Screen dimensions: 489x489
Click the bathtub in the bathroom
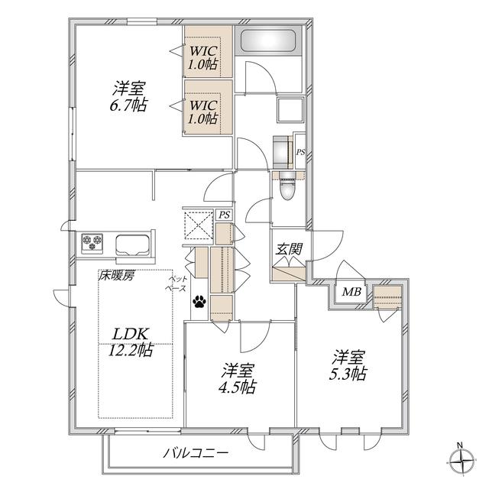click(x=268, y=40)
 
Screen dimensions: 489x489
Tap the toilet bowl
click(x=287, y=187)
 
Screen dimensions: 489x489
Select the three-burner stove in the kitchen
click(x=92, y=242)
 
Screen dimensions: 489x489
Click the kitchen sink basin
click(x=132, y=244)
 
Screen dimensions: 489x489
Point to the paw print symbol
click(x=199, y=302)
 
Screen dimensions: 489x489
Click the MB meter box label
click(x=351, y=292)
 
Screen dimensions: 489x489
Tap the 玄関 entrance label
click(x=289, y=249)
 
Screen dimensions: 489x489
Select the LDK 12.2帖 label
click(x=131, y=342)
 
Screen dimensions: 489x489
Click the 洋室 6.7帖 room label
click(x=128, y=96)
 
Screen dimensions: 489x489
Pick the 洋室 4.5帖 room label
click(x=238, y=378)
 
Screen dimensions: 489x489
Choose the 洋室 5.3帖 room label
click(x=348, y=365)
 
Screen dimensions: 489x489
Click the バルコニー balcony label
click(x=196, y=453)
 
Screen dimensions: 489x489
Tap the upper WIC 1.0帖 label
click(x=203, y=58)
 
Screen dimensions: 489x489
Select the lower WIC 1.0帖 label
click(x=203, y=112)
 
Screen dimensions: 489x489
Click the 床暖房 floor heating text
click(x=116, y=276)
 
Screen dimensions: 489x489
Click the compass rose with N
click(x=462, y=460)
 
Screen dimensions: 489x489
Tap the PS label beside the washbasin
click(x=300, y=153)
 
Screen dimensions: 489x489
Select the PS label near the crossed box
click(x=224, y=215)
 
